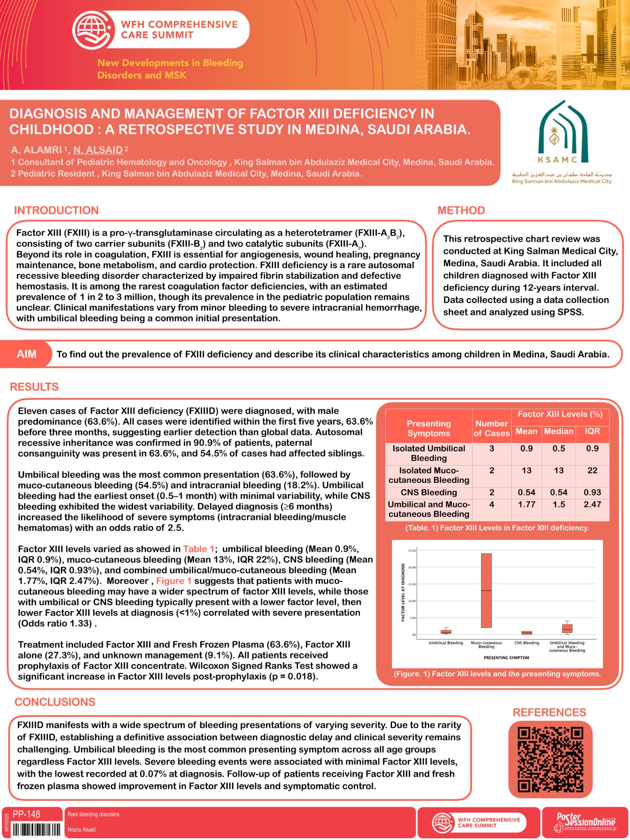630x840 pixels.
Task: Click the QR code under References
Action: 550,759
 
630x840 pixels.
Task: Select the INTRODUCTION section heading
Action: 57,210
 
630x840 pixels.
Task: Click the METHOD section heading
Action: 461,210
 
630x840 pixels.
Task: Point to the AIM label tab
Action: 26,354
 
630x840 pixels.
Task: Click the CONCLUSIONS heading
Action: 55,702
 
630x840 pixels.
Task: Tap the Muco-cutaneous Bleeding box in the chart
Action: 486,590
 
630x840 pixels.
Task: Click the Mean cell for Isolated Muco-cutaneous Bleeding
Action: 526,470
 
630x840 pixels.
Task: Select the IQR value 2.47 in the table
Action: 592,504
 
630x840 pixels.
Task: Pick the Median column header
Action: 558,431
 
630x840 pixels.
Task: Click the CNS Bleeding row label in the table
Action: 428,492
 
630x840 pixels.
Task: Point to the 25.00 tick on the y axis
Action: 412,551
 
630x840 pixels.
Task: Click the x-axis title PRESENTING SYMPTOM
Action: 506,657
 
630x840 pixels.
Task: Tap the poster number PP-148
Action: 26,814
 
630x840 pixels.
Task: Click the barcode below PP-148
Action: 36,829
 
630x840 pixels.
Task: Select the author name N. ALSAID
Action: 98,150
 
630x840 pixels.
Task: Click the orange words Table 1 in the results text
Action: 198,549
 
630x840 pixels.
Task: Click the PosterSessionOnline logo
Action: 586,822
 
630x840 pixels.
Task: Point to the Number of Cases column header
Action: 491,428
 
